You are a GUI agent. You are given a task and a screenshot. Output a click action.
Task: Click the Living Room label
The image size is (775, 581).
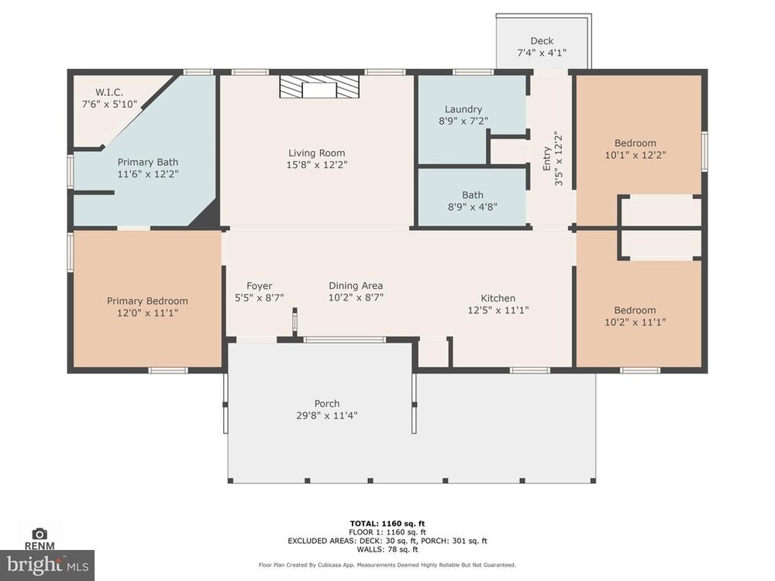(x=317, y=153)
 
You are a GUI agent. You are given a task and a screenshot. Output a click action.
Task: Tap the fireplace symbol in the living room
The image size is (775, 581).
(x=319, y=87)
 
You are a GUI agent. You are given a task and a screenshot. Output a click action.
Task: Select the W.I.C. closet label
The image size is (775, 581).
(x=109, y=92)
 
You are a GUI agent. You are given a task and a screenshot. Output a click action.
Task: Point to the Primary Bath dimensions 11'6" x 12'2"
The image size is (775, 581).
(x=148, y=174)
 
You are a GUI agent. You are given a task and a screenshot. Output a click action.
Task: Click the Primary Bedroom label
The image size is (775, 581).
(x=147, y=301)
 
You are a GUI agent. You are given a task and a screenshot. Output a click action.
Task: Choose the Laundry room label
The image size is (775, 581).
(x=463, y=109)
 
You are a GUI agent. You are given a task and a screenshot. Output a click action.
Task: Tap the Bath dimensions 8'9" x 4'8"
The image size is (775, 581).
(x=473, y=207)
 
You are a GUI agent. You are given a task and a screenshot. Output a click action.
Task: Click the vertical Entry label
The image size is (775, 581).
(x=546, y=158)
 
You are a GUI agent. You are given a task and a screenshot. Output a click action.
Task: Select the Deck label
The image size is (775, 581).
(x=542, y=41)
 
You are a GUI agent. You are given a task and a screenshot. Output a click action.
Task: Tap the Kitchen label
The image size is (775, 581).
(x=498, y=298)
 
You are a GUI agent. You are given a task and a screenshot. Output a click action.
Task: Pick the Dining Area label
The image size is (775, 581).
(x=356, y=286)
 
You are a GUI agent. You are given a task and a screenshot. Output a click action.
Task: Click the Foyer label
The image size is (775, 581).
(x=260, y=286)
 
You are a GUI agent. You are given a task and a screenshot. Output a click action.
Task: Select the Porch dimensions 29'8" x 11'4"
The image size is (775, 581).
(x=327, y=415)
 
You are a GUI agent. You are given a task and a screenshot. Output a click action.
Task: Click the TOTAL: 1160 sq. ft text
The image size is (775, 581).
(x=387, y=524)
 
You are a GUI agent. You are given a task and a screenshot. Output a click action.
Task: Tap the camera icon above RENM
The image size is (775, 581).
(x=40, y=534)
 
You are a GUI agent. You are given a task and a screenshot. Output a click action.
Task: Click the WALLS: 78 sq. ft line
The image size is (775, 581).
(x=387, y=549)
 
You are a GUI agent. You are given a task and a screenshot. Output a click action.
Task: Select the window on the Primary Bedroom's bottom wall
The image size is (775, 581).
(x=168, y=370)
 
